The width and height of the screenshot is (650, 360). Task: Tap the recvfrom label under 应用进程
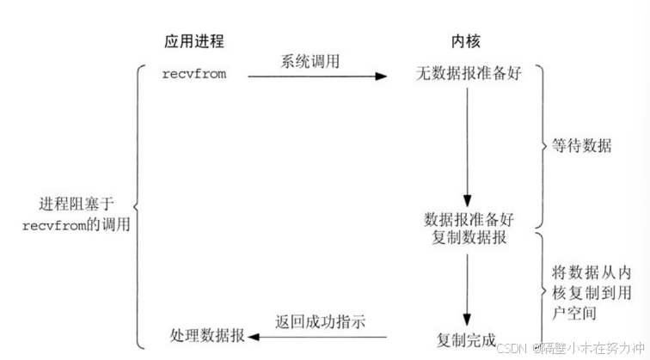pos(195,74)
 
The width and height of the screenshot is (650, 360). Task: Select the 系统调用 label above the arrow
pos(310,62)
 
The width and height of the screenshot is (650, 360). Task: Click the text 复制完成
pos(465,339)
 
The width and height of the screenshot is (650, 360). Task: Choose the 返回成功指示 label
pos(321,322)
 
